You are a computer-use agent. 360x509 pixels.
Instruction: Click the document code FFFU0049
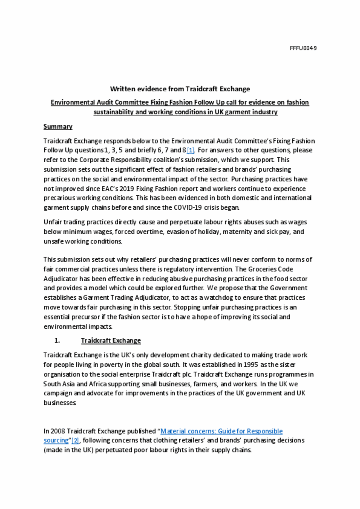pyautogui.click(x=303, y=48)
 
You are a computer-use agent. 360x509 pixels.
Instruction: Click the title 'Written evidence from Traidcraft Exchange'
pyautogui.click(x=180, y=89)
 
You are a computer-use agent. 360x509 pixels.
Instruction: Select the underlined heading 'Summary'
pyautogui.click(x=58, y=127)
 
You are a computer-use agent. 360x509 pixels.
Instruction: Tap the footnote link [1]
pyautogui.click(x=190, y=150)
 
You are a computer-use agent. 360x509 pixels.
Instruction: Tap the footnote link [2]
pyautogui.click(x=75, y=441)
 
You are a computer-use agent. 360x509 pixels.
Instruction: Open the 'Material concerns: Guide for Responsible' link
pyautogui.click(x=221, y=431)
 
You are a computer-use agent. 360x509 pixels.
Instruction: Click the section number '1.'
pyautogui.click(x=57, y=341)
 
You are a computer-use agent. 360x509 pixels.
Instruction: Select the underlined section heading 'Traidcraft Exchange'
pyautogui.click(x=111, y=341)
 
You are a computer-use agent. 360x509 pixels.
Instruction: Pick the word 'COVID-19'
pyautogui.click(x=188, y=208)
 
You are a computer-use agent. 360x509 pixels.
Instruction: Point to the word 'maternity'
pyautogui.click(x=237, y=232)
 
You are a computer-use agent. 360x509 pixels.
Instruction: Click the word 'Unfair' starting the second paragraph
pyautogui.click(x=53, y=222)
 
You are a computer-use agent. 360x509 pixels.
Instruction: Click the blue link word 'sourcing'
pyautogui.click(x=56, y=441)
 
